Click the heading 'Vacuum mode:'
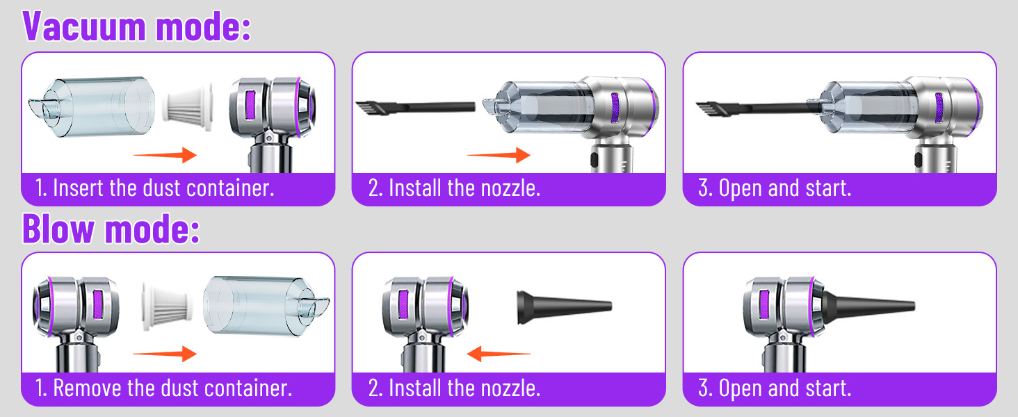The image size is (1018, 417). (136, 26)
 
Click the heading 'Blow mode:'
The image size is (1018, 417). (111, 229)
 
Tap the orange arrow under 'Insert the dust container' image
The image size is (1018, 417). (165, 155)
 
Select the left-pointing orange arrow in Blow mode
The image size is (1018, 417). (499, 353)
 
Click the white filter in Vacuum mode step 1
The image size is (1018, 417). (187, 107)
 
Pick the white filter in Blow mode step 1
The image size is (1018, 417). (167, 306)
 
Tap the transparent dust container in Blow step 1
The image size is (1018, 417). (266, 306)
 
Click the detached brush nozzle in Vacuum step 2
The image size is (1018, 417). (415, 108)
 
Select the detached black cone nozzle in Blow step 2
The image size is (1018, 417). (564, 306)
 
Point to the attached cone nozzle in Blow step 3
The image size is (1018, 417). (867, 306)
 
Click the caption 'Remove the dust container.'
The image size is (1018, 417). (163, 389)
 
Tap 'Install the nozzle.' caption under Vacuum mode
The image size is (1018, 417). (454, 188)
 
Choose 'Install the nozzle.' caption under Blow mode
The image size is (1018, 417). (454, 389)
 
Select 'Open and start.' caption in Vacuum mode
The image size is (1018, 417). (775, 188)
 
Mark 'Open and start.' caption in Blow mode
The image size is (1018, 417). (775, 389)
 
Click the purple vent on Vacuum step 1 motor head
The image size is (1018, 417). (250, 106)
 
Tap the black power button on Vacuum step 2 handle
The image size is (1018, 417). (595, 160)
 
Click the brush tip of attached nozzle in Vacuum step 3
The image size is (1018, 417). (706, 109)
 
